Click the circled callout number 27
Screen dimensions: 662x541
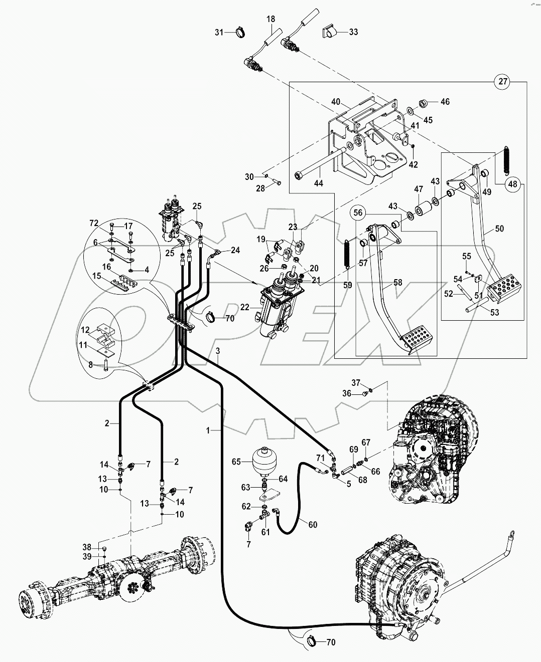[x=502, y=81]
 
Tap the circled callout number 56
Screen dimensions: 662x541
[x=358, y=212]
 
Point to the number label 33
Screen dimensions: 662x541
[x=353, y=32]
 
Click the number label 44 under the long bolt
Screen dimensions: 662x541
[x=318, y=183]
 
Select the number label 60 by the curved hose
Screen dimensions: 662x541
[x=313, y=525]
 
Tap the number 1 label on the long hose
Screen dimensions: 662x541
[x=207, y=429]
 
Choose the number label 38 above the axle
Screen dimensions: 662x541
[x=87, y=547]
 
